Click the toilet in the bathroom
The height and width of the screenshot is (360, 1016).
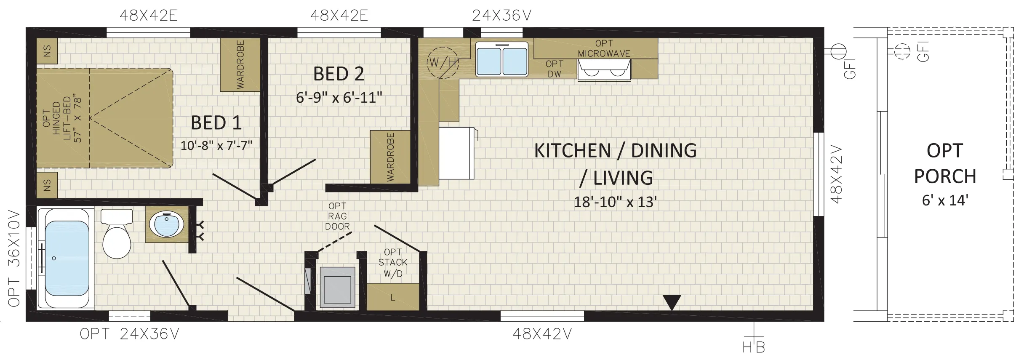(x=117, y=234)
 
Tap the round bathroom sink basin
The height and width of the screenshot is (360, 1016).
(x=167, y=224)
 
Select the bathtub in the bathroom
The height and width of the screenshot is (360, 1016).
(x=67, y=259)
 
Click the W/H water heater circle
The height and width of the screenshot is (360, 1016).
(x=443, y=62)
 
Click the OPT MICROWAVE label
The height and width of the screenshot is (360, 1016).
(x=604, y=48)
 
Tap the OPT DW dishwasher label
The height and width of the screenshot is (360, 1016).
(x=554, y=69)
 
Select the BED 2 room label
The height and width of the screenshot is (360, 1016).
(x=339, y=74)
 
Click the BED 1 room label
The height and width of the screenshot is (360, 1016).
(x=216, y=123)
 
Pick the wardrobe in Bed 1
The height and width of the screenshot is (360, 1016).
(x=240, y=65)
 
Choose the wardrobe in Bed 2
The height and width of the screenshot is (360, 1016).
(x=390, y=157)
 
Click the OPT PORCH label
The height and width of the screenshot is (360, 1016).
(x=945, y=163)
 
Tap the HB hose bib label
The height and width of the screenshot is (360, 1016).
(x=754, y=347)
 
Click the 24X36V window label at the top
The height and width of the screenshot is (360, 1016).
(x=501, y=16)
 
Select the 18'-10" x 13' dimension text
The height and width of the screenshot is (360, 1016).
(x=615, y=202)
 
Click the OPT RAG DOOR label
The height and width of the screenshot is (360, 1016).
(x=337, y=216)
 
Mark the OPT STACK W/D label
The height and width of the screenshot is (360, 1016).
(x=393, y=263)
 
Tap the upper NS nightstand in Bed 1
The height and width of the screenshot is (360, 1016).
(x=47, y=51)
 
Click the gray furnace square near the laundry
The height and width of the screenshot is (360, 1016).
(x=337, y=287)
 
